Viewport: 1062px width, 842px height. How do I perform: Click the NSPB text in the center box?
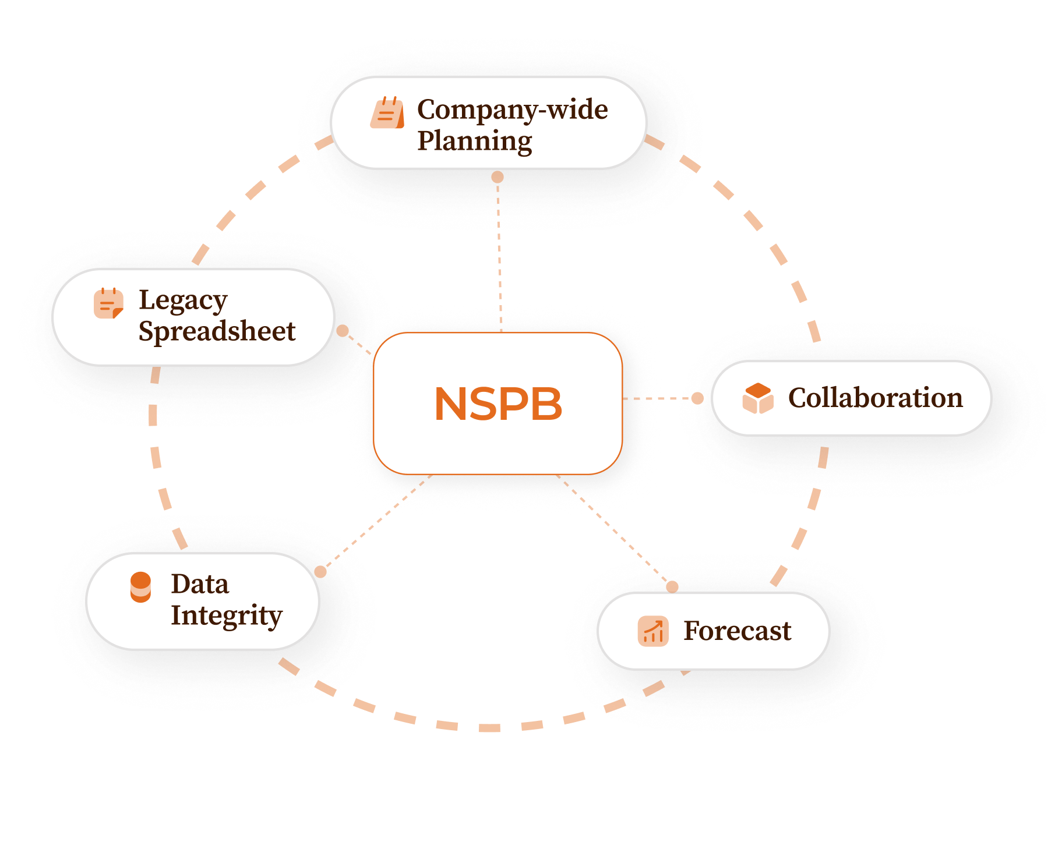click(x=498, y=404)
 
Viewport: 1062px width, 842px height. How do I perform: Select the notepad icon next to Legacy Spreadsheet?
click(x=108, y=303)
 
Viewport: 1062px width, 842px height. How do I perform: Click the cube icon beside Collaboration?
click(x=758, y=398)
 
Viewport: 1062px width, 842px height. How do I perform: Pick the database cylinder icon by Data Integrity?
click(x=140, y=587)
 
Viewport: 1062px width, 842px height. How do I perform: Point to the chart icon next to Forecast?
click(x=653, y=631)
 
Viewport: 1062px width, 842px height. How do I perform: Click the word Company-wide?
click(x=513, y=109)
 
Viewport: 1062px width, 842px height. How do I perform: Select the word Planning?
click(x=475, y=141)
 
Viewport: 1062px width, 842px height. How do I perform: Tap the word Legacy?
click(x=183, y=300)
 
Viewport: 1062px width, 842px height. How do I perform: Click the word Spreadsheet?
click(x=217, y=331)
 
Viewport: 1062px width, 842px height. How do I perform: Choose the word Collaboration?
click(x=875, y=398)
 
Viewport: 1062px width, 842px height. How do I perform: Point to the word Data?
click(x=200, y=584)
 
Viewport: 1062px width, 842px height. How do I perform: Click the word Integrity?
click(x=227, y=615)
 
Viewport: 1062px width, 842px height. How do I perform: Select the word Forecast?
click(x=738, y=631)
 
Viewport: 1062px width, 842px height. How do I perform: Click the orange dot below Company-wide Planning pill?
click(x=498, y=177)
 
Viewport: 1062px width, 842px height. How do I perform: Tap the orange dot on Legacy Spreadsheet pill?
click(x=343, y=331)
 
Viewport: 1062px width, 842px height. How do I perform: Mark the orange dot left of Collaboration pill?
click(x=697, y=398)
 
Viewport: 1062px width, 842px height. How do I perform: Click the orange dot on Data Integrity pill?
click(x=320, y=572)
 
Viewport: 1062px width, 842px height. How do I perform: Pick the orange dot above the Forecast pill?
click(x=672, y=586)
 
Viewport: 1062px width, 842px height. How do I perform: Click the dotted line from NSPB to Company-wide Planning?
click(x=499, y=256)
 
